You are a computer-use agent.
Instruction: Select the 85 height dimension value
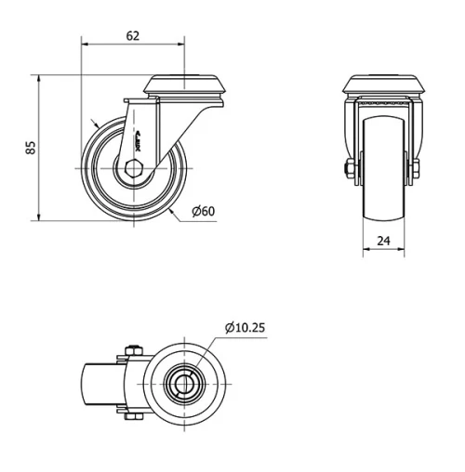tap(30, 148)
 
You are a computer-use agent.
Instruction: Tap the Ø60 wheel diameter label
tap(203, 211)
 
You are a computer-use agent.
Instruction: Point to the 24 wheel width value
tap(384, 239)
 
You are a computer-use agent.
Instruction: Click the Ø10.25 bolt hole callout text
tap(245, 326)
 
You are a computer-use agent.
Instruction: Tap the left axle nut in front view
tap(351, 169)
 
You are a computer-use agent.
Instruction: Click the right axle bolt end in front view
tap(416, 169)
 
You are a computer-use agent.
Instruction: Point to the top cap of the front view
tap(384, 86)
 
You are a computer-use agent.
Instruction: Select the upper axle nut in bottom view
tap(132, 350)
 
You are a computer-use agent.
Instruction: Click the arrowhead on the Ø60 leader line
tap(174, 209)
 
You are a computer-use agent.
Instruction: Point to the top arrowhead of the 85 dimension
tap(39, 80)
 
